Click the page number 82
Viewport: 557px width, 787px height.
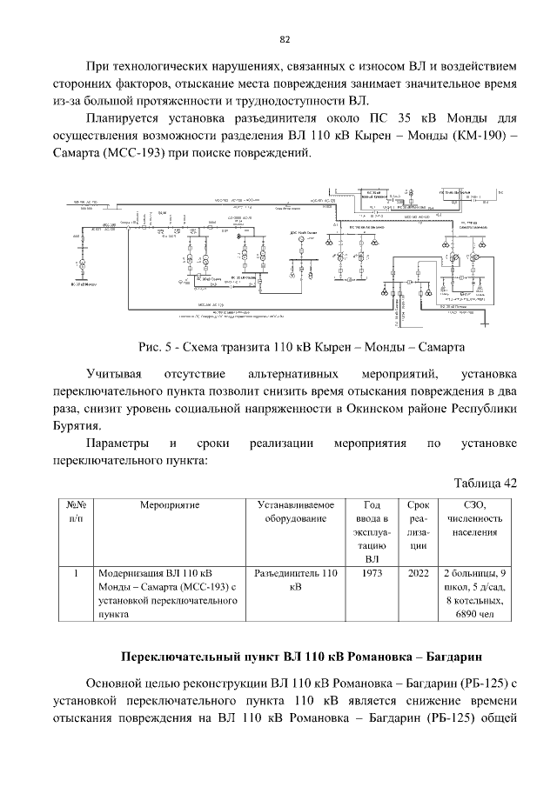(x=285, y=38)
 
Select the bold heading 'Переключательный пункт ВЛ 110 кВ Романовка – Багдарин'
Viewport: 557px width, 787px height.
(x=301, y=654)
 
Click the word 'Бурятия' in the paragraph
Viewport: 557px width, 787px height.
(x=77, y=426)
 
